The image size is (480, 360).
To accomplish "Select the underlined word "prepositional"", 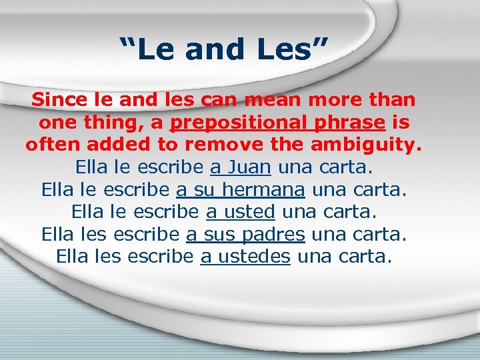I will tap(243, 123).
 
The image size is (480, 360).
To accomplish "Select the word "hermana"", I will tap(264, 189).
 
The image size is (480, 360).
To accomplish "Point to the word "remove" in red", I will tap(217, 145).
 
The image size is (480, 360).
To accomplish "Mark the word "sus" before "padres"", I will tap(218, 235).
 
